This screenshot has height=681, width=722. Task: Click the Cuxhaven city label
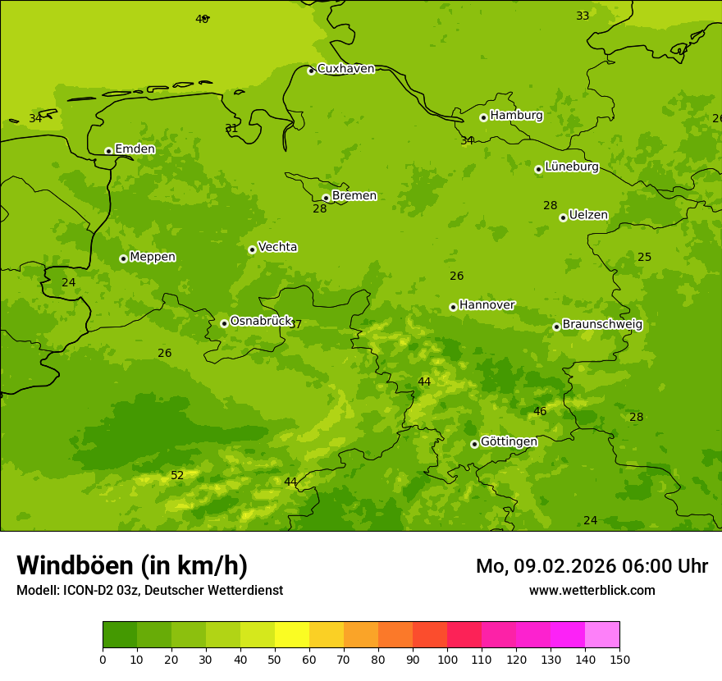[x=345, y=69]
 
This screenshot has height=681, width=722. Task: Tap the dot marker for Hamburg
[x=484, y=117]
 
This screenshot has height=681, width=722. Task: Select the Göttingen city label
[x=509, y=442]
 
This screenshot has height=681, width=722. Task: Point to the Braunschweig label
[x=602, y=325]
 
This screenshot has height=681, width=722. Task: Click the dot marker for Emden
[x=108, y=151]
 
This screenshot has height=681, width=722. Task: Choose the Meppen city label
[x=153, y=258]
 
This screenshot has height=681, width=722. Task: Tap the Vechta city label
[x=277, y=248]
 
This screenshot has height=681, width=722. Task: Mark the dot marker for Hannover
[x=453, y=307]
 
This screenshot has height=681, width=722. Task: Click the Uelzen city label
[x=588, y=216]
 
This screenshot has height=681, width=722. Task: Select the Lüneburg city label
[x=572, y=167]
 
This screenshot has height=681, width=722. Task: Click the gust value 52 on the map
[x=177, y=476]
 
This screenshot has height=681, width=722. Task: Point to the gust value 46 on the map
[x=540, y=412]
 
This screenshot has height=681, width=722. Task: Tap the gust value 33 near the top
[x=583, y=16]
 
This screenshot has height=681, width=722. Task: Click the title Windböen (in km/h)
[x=132, y=565]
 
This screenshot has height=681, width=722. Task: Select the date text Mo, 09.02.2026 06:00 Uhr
[x=592, y=566]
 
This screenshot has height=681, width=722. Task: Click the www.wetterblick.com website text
[x=592, y=591]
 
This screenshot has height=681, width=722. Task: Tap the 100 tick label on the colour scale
[x=447, y=659]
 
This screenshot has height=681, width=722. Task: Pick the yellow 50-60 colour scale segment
[x=292, y=635]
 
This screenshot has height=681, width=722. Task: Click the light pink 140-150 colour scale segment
[x=602, y=635]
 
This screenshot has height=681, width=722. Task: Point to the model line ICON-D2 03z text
[x=149, y=591]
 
